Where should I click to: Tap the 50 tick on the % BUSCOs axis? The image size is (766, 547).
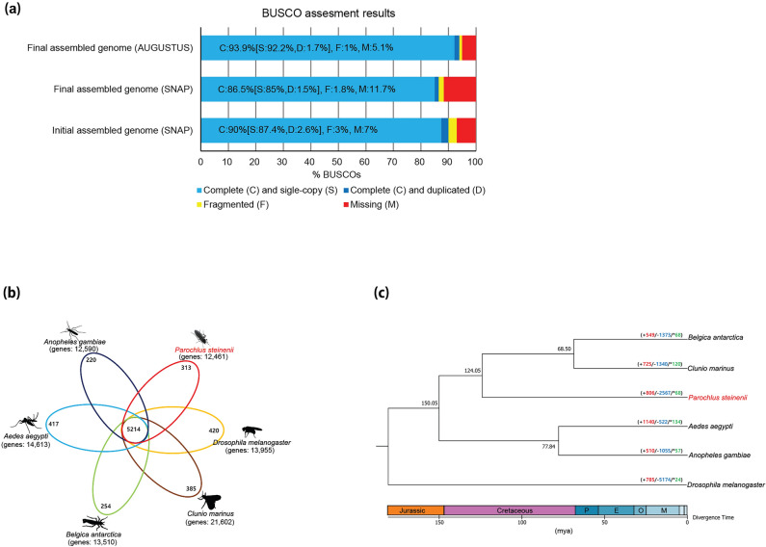(338, 161)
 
